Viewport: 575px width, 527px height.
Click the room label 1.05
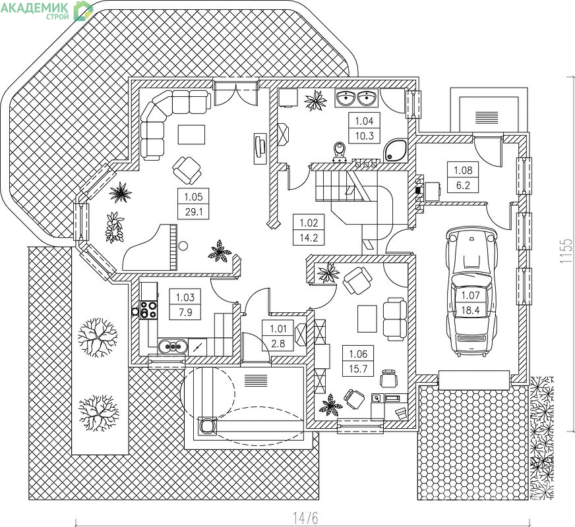tap(193, 197)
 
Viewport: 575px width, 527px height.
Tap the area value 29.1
tap(193, 211)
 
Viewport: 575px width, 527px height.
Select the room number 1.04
tap(364, 121)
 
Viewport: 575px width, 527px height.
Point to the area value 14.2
tap(309, 238)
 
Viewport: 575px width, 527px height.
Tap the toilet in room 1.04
tap(340, 152)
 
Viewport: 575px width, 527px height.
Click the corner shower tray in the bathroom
tap(396, 150)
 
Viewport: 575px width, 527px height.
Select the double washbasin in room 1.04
tap(357, 97)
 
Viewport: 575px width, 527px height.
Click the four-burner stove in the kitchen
tap(148, 310)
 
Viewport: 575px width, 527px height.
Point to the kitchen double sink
tap(173, 346)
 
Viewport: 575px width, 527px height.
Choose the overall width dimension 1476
tap(305, 518)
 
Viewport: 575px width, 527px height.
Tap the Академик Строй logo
tap(47, 11)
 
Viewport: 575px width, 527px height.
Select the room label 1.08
tap(463, 171)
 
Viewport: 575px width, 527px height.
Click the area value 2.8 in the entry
tap(278, 343)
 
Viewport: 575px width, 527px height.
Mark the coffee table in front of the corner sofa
tap(191, 134)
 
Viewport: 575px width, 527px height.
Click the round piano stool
tap(183, 245)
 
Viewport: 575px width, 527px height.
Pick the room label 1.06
tap(358, 354)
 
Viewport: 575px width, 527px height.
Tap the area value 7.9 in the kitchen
tap(185, 312)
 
